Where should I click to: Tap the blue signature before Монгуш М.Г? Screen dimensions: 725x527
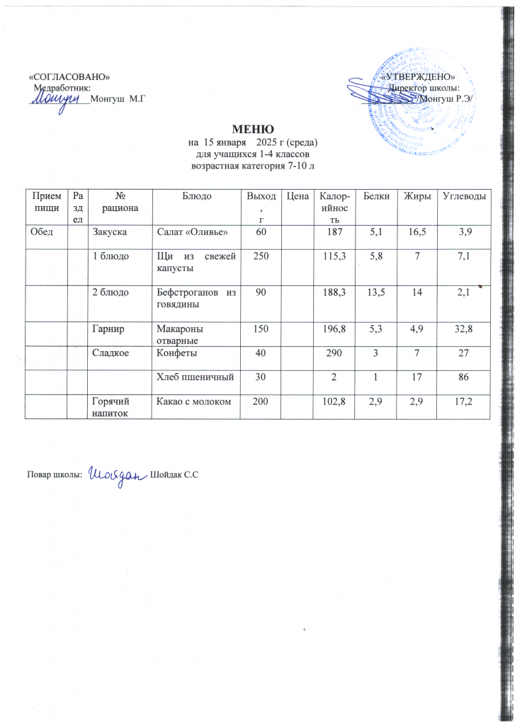pyautogui.click(x=56, y=101)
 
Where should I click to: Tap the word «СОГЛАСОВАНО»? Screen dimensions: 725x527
pyautogui.click(x=69, y=76)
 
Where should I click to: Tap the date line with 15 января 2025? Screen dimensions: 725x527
pyautogui.click(x=251, y=142)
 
